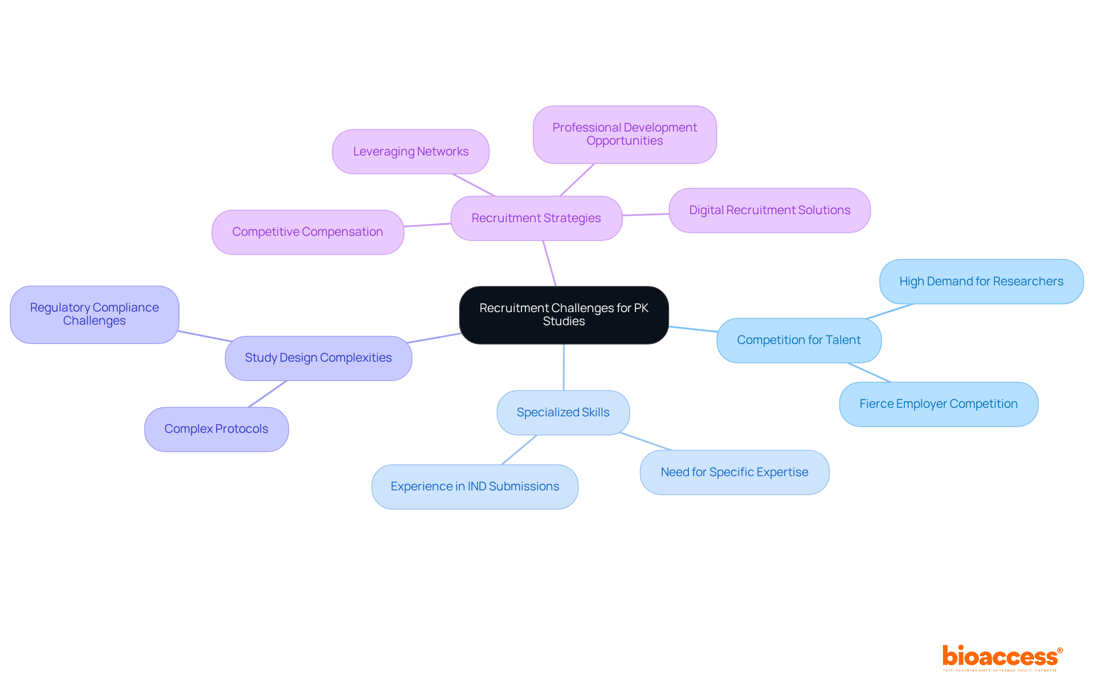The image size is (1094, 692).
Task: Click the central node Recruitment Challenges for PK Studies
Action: tap(564, 315)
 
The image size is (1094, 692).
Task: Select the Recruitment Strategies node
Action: tap(536, 218)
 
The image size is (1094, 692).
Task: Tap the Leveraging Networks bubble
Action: tap(410, 151)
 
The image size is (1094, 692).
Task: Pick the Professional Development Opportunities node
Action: tap(624, 134)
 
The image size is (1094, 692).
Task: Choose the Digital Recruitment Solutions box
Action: tap(769, 210)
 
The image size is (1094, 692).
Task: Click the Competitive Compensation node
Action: tap(308, 232)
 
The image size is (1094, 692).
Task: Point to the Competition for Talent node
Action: tap(798, 340)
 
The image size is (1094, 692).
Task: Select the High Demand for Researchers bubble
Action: tap(981, 281)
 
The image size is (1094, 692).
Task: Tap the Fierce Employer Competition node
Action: tap(938, 404)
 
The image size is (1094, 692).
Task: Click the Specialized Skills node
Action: tap(563, 412)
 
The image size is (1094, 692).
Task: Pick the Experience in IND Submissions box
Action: tap(475, 486)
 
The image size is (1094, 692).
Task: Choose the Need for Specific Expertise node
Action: tap(734, 472)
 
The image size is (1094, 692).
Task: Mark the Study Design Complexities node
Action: tap(318, 358)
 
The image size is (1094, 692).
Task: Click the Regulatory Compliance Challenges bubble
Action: tap(95, 314)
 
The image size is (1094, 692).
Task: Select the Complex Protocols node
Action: tap(216, 429)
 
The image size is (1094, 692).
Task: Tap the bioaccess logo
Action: tap(1002, 657)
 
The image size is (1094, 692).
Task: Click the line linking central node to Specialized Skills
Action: tap(564, 367)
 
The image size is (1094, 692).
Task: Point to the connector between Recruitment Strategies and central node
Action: tap(549, 263)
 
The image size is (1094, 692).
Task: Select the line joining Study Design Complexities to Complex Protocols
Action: tap(267, 394)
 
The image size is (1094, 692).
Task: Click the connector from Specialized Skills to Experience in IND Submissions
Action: tap(519, 450)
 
